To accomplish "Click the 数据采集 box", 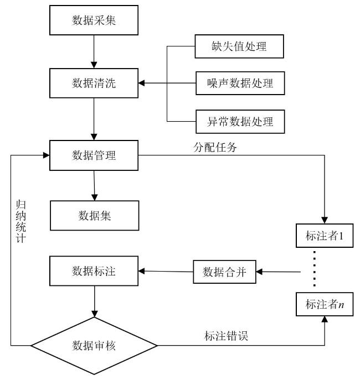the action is (x=94, y=20).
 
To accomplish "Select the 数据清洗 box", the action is (x=94, y=83).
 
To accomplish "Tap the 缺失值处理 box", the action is (x=239, y=46).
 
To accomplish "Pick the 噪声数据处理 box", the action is (x=240, y=83).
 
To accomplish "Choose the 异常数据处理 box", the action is (x=240, y=122).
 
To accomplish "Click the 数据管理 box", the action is (x=94, y=155).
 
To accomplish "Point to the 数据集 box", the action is (x=95, y=216).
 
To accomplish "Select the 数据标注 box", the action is (x=94, y=271).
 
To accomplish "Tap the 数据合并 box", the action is (x=224, y=272).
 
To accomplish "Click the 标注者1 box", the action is (x=325, y=236).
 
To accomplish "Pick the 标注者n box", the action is (x=325, y=304).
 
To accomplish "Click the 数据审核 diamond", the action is (x=94, y=346).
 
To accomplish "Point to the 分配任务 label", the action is (x=215, y=147).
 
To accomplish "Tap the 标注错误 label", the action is (x=226, y=336).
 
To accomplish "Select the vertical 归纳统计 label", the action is (x=21, y=221).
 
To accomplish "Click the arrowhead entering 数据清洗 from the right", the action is (x=141, y=83).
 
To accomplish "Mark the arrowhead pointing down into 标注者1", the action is (x=325, y=220).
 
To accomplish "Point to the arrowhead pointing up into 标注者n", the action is (x=325, y=319).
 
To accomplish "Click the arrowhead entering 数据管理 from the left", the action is (x=46, y=155).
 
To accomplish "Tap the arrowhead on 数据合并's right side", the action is (x=259, y=272).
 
